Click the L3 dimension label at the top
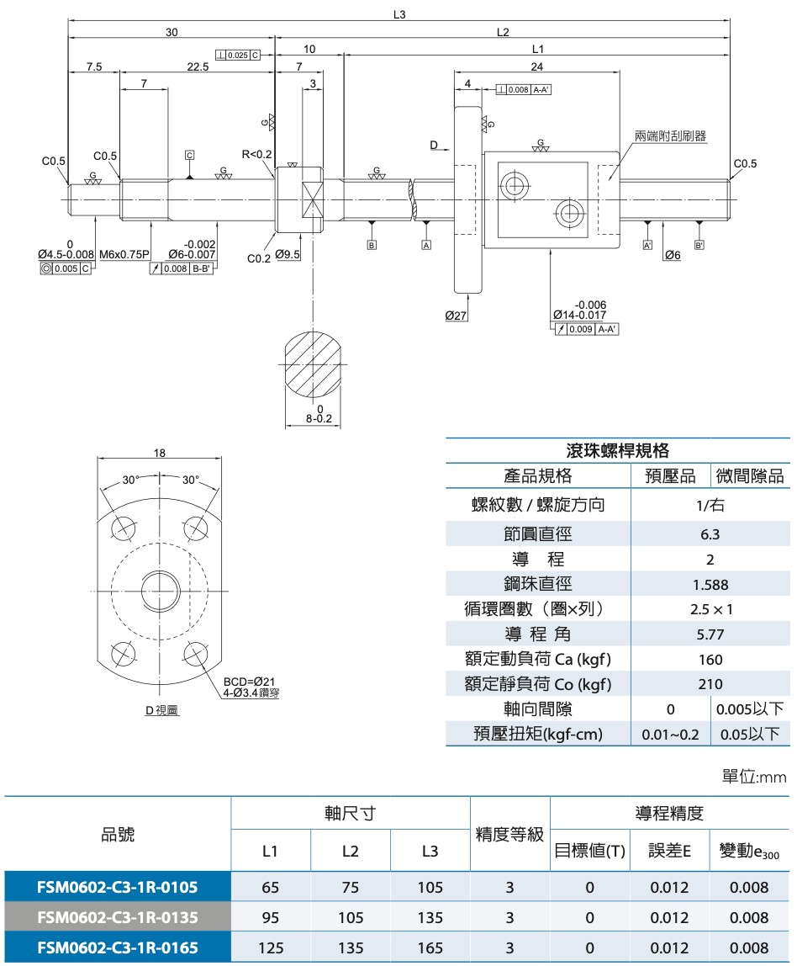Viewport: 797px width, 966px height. click(398, 14)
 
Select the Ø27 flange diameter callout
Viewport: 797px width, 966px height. click(457, 316)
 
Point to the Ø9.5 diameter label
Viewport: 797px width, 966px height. click(287, 254)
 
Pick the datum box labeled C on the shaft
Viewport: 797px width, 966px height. click(190, 155)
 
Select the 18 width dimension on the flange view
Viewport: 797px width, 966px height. click(160, 453)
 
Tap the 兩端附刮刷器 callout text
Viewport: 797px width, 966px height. click(670, 135)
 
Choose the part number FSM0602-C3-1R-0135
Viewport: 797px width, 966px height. click(118, 917)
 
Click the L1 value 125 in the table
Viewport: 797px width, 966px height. click(271, 948)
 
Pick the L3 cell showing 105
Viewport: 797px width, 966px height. click(430, 887)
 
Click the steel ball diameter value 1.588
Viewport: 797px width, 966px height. click(710, 585)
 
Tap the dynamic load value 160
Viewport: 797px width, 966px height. click(710, 660)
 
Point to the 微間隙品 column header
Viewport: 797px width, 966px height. click(750, 476)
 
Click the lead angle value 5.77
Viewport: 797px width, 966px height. click(710, 634)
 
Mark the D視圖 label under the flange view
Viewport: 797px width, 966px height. click(161, 710)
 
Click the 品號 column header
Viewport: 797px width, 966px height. click(118, 835)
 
